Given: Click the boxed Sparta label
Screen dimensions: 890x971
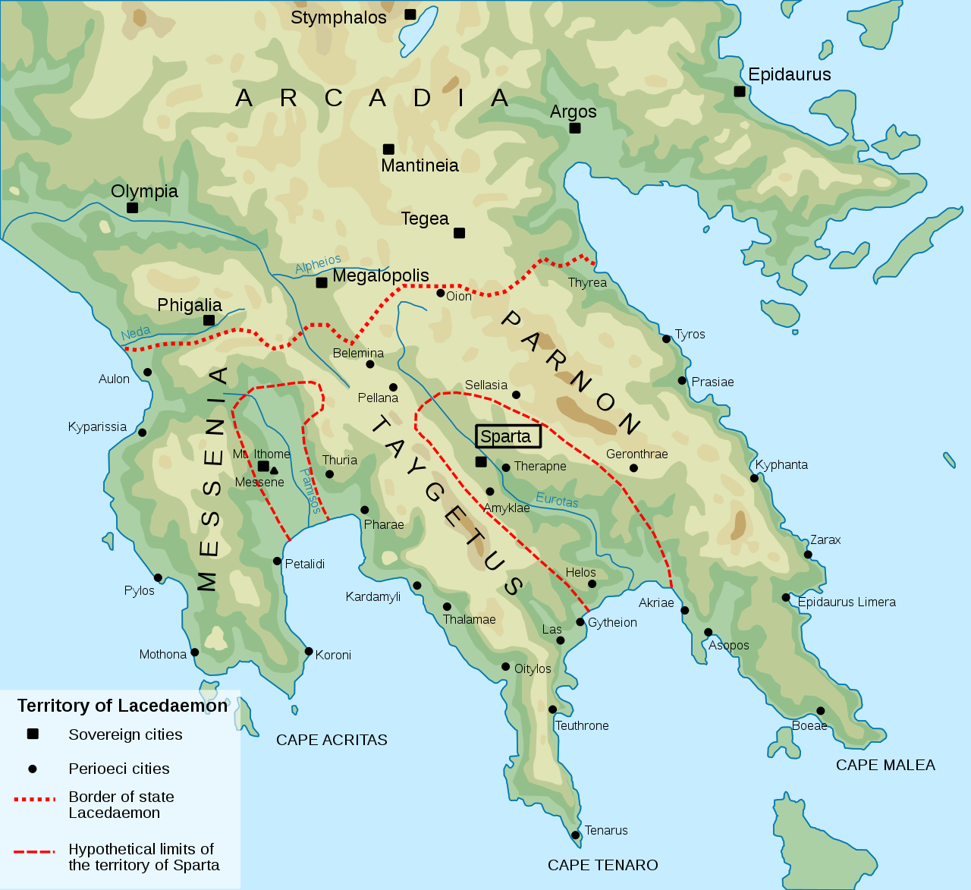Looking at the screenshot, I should pyautogui.click(x=507, y=436).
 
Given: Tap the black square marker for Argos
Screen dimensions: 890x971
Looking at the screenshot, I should pyautogui.click(x=575, y=128).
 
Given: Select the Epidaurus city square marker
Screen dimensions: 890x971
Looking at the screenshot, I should pyautogui.click(x=740, y=92).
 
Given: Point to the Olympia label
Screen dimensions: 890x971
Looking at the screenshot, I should pyautogui.click(x=144, y=191).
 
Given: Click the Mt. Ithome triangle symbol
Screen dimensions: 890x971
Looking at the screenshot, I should pyautogui.click(x=274, y=470).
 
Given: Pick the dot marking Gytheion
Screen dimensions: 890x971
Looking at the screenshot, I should pyautogui.click(x=580, y=622).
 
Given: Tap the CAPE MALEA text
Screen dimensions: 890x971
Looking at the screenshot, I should pyautogui.click(x=885, y=765).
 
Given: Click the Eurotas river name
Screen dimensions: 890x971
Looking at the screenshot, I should pyautogui.click(x=557, y=500).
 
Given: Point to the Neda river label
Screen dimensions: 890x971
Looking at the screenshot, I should pyautogui.click(x=136, y=333).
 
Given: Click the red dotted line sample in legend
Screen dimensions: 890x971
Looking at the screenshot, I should pyautogui.click(x=35, y=799).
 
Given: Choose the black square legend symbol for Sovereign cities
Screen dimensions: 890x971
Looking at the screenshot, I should pyautogui.click(x=33, y=734).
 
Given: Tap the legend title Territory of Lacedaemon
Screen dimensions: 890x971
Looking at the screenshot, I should pyautogui.click(x=122, y=706).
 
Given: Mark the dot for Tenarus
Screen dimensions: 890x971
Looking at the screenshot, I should pyautogui.click(x=576, y=835).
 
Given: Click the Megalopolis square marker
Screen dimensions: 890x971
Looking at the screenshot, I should pyautogui.click(x=322, y=283).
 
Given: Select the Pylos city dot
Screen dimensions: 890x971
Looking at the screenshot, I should pyautogui.click(x=158, y=578).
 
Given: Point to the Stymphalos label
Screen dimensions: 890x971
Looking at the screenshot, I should pyautogui.click(x=338, y=17).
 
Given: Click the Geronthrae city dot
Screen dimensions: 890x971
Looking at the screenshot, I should pyautogui.click(x=633, y=468).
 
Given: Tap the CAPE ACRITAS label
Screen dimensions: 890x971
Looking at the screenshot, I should pyautogui.click(x=332, y=740).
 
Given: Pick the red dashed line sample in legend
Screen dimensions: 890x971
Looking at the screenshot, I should pyautogui.click(x=35, y=851).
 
